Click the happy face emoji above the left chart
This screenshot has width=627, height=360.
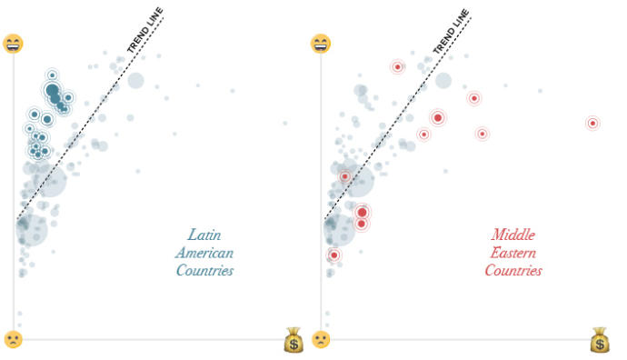tap(13, 44)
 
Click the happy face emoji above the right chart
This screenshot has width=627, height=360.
tap(321, 44)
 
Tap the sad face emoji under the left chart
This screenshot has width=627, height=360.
tap(13, 339)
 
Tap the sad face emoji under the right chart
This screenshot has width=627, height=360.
tap(321, 339)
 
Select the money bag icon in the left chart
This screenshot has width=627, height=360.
tap(293, 342)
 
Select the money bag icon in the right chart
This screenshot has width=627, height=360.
tap(600, 342)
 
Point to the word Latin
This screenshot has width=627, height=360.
tap(204, 235)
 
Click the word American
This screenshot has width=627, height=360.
tap(204, 253)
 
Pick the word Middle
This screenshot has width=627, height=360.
tap(513, 235)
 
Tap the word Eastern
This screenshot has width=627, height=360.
tap(513, 253)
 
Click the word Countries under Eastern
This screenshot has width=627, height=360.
tap(513, 271)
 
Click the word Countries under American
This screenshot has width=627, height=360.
tap(204, 271)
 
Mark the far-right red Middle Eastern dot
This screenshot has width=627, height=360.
tap(592, 123)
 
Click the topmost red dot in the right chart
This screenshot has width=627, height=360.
tap(397, 66)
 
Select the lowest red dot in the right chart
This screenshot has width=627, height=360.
tap(333, 255)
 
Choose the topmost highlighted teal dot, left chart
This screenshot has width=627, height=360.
tap(52, 75)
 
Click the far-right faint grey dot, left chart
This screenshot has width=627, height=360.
tap(284, 123)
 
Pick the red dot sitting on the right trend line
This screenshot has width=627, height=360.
tap(345, 176)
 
